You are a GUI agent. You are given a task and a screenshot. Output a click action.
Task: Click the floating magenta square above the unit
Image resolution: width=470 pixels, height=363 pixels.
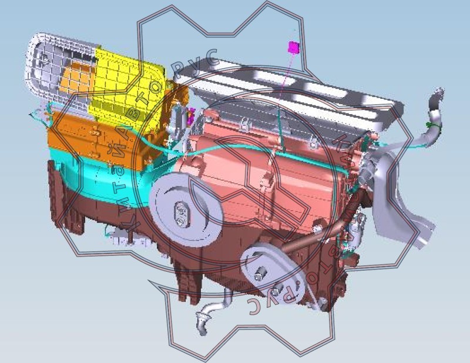pyautogui.click(x=294, y=47)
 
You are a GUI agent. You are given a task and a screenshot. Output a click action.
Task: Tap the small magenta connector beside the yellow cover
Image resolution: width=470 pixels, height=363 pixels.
pyautogui.click(x=190, y=116)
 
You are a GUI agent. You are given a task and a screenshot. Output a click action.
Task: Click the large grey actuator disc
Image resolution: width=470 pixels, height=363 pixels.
pyautogui.click(x=186, y=210)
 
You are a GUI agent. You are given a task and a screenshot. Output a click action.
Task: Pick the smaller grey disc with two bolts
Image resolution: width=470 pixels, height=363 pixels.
pyautogui.click(x=273, y=277)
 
